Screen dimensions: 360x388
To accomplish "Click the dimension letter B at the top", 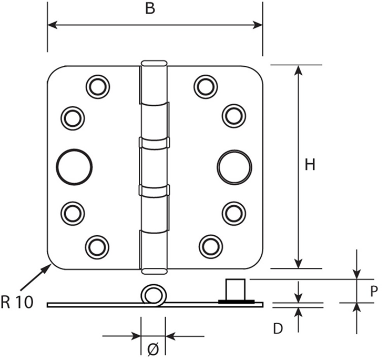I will coord(150,10).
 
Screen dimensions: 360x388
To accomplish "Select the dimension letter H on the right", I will coord(310,165).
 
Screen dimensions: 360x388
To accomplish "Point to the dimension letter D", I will coord(279,329).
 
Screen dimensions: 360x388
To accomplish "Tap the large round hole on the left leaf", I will coord(75,167).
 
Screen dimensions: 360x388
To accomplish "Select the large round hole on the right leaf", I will coord(234,167).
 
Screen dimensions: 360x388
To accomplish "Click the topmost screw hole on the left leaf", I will coord(97,87).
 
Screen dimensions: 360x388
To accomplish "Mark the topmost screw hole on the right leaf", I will coord(206,87).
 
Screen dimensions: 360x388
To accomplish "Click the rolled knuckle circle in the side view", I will coord(153,295).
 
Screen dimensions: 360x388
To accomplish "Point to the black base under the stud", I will coord(237,302).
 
